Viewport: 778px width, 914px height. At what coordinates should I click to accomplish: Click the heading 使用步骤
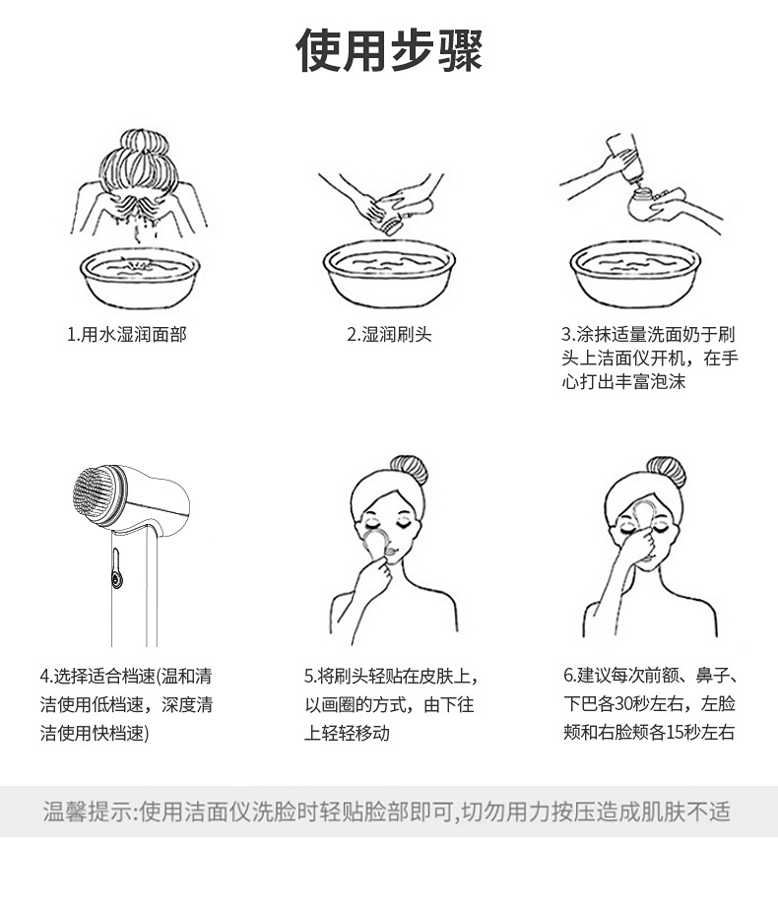point(389,50)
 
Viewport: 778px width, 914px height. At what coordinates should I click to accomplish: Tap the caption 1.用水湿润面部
point(127,335)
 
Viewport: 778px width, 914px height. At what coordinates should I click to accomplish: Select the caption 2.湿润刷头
point(389,335)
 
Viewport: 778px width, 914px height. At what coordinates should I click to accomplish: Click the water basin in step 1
point(140,278)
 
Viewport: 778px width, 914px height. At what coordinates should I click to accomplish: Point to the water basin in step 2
point(389,274)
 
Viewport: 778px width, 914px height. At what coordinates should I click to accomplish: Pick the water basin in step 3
point(635,274)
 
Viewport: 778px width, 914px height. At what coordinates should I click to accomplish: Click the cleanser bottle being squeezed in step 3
point(625,157)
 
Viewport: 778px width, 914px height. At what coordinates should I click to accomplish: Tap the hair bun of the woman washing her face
point(145,143)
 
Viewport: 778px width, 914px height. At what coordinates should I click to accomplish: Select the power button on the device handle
point(117,579)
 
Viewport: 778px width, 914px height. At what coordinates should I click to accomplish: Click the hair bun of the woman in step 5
point(409,470)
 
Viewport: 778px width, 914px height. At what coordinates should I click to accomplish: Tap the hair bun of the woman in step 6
point(666,472)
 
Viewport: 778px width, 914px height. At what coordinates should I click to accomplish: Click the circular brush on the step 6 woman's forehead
point(643,514)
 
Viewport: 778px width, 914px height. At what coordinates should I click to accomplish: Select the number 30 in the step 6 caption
point(623,704)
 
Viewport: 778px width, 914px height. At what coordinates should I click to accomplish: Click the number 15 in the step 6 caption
point(675,732)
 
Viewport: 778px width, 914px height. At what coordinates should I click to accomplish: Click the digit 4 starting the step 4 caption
point(44,677)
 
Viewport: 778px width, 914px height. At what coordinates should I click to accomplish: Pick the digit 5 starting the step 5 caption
point(308,677)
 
